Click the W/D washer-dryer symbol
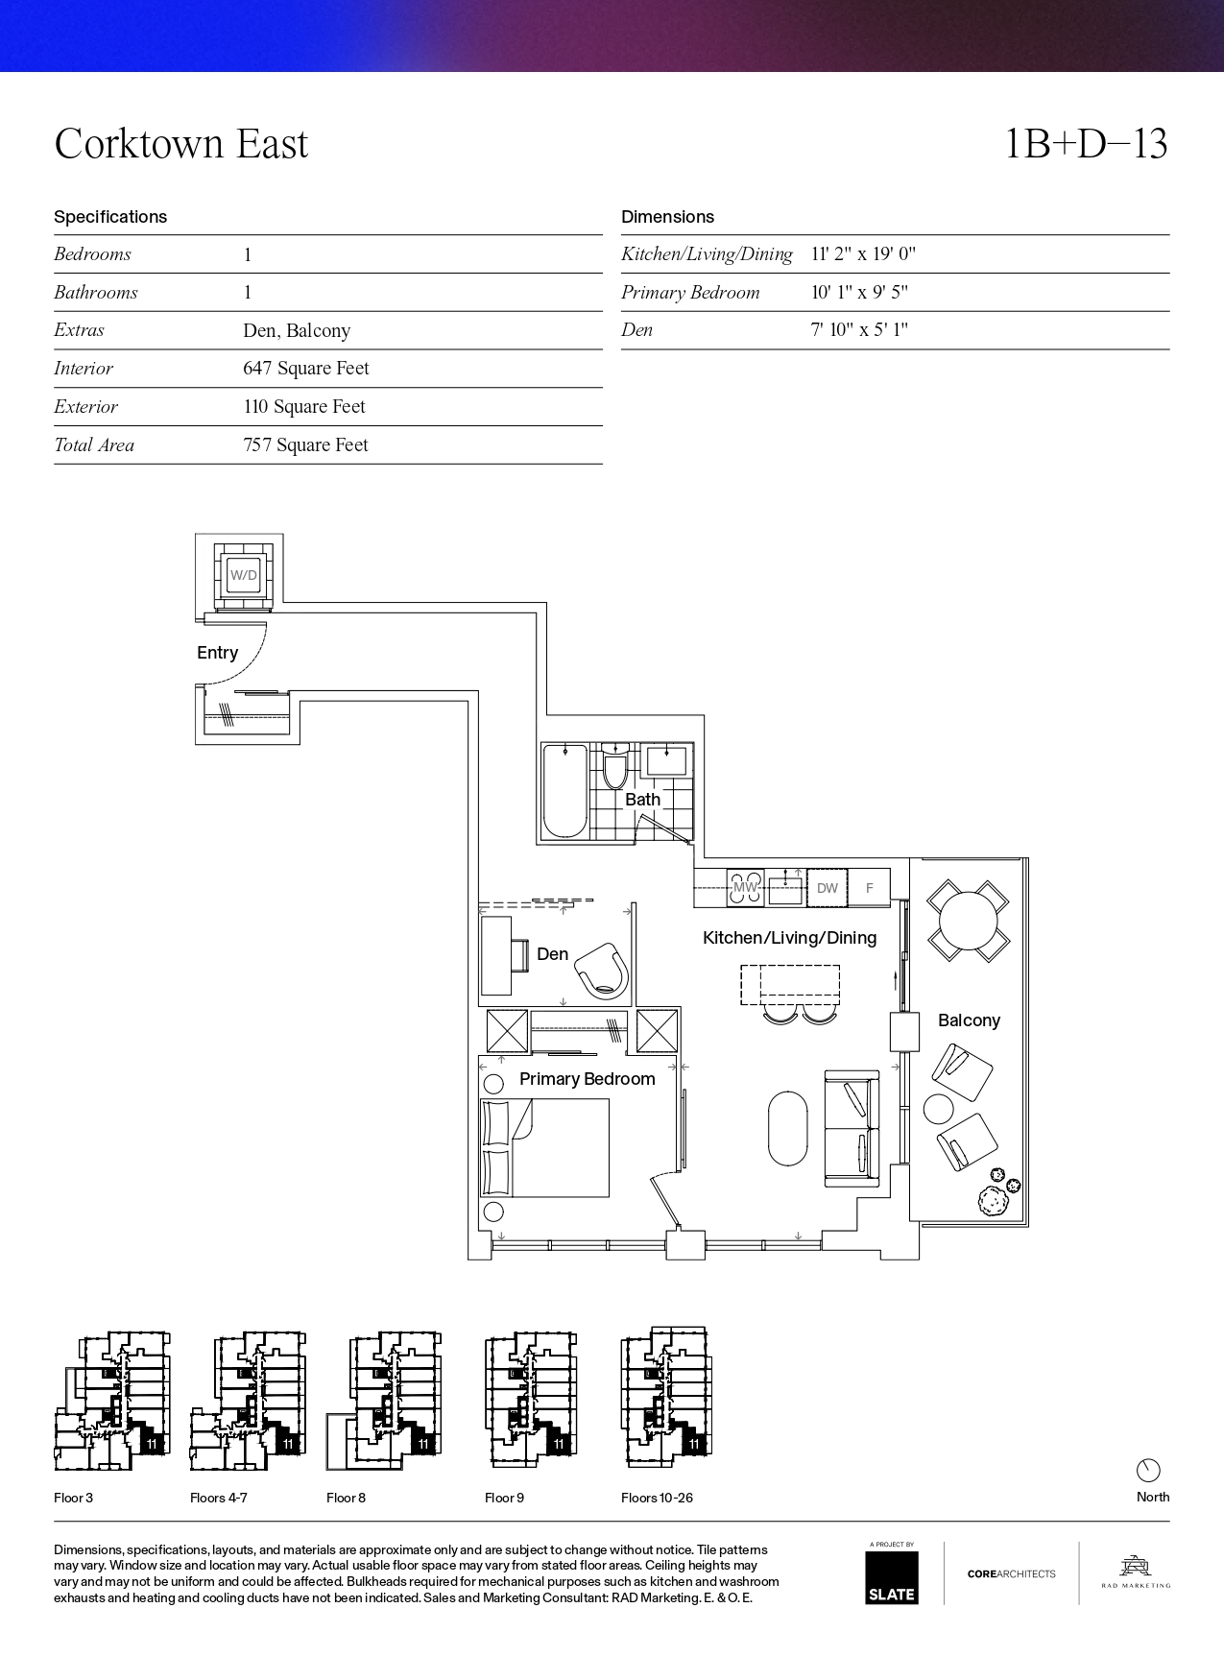[244, 576]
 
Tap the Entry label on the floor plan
[217, 653]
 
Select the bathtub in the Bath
[565, 792]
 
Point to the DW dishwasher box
[828, 888]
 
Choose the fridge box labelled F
[870, 888]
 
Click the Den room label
[552, 954]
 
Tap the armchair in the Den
[603, 971]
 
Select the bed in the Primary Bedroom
[545, 1148]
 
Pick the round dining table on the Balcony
[969, 921]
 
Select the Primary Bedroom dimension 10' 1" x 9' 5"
[859, 293]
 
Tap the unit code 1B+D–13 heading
[1086, 144]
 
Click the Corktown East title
[181, 144]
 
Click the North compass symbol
[1148, 1470]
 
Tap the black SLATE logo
[892, 1577]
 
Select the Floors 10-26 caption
[657, 1498]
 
